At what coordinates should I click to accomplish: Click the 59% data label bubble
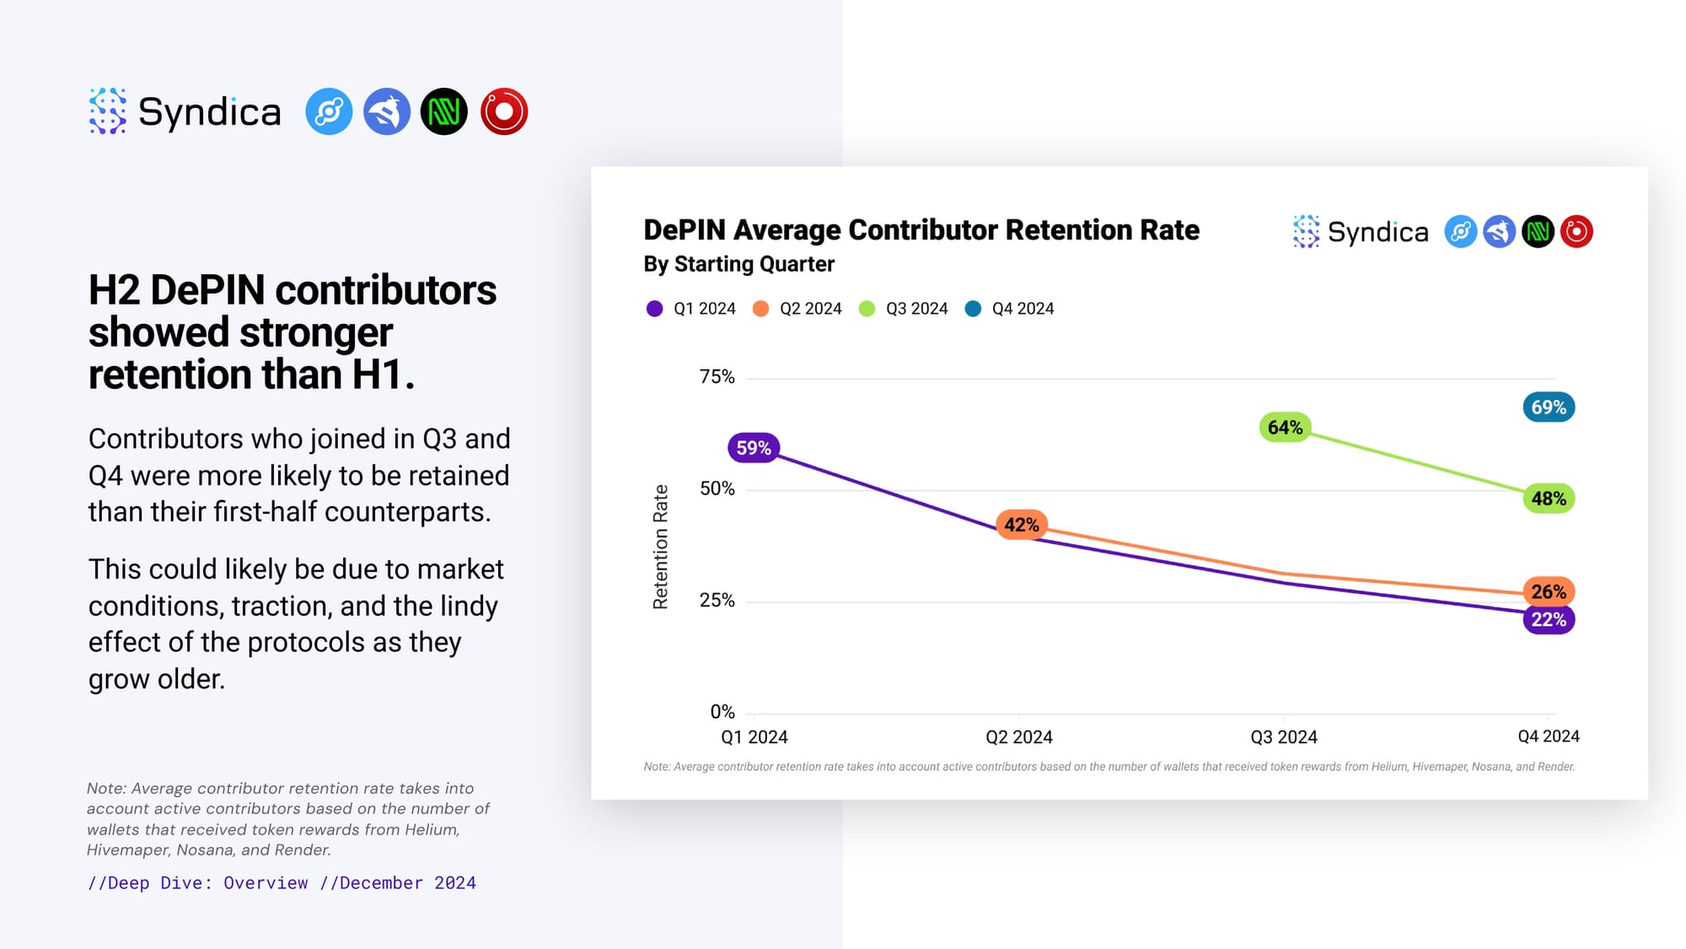click(754, 448)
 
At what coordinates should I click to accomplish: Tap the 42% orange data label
click(1021, 525)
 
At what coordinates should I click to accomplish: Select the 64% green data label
click(1285, 428)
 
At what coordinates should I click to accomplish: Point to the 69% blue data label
click(1549, 407)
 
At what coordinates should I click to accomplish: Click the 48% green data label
click(1549, 499)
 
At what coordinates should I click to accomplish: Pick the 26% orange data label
click(1549, 591)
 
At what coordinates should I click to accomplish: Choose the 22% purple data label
click(1549, 620)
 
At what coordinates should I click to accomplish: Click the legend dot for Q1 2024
click(654, 309)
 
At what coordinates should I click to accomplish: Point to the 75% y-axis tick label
click(717, 377)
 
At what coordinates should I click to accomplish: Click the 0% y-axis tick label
click(722, 712)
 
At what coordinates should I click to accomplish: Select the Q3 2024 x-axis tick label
click(1283, 737)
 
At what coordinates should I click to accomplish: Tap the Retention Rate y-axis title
click(660, 547)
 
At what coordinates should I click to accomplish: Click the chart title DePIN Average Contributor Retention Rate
click(921, 230)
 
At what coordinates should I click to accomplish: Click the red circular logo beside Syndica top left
click(504, 111)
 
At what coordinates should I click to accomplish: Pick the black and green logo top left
click(444, 111)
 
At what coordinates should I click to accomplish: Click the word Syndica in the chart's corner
click(1377, 232)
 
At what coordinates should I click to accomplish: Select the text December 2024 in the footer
click(407, 883)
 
